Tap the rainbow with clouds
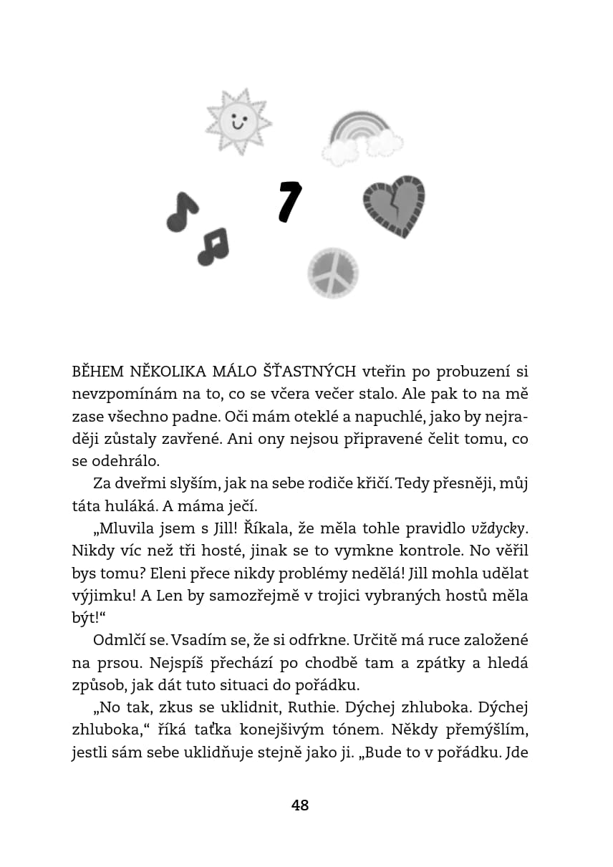click(362, 137)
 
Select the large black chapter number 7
click(289, 201)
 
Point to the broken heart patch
click(394, 205)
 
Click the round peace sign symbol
click(333, 273)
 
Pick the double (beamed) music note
click(213, 246)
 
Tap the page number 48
click(300, 805)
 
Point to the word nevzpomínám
click(117, 394)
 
